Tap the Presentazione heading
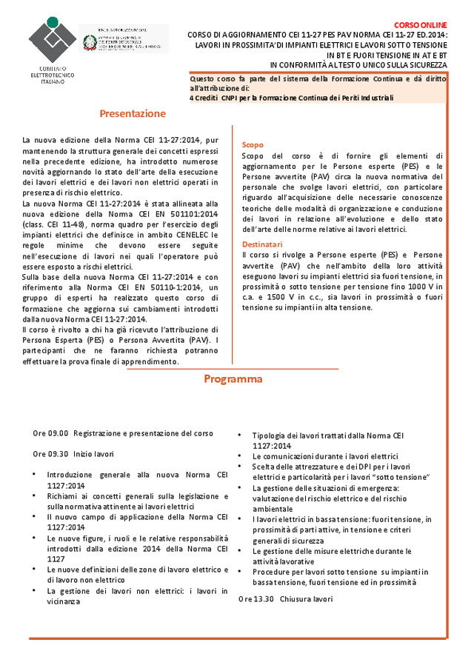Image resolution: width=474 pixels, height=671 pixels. pyautogui.click(x=133, y=114)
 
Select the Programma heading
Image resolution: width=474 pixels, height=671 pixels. pyautogui.click(x=233, y=379)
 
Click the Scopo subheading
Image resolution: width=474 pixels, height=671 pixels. pyautogui.click(x=253, y=145)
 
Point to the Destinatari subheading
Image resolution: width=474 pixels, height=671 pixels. pyautogui.click(x=262, y=244)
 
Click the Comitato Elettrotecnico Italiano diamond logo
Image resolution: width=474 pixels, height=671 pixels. pyautogui.click(x=52, y=41)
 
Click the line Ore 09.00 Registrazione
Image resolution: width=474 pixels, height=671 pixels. pyautogui.click(x=123, y=433)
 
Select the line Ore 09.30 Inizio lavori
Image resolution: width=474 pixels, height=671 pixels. pyautogui.click(x=73, y=453)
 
